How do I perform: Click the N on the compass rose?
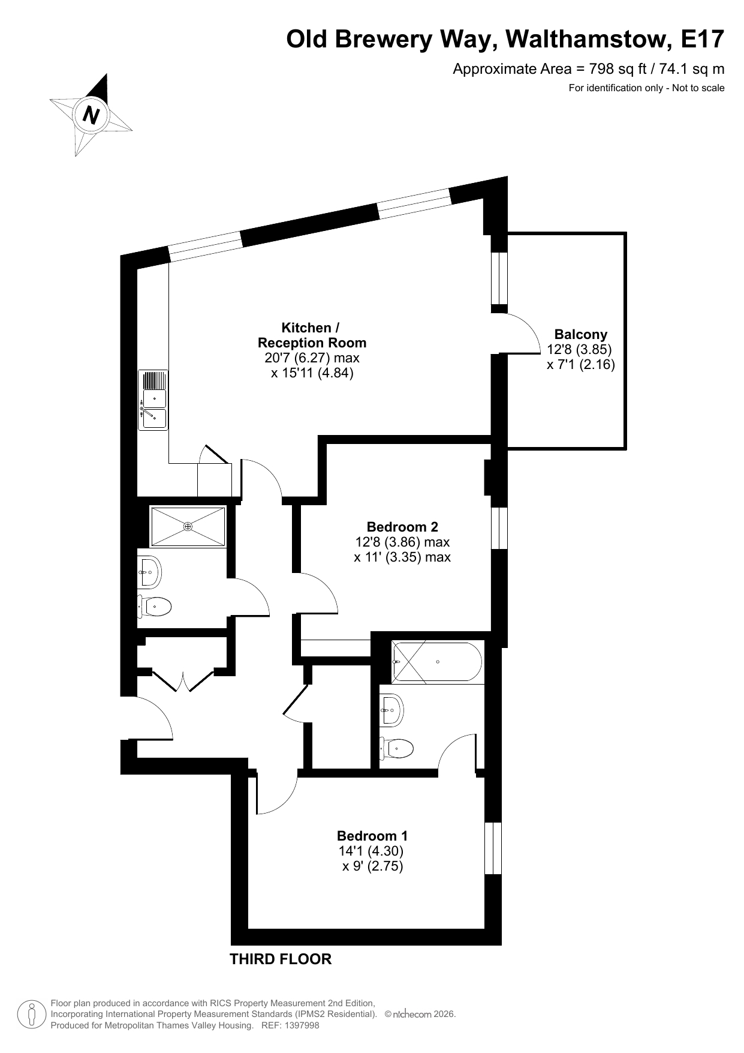(91, 114)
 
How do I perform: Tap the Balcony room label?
(580, 334)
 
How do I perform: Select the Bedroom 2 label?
(402, 527)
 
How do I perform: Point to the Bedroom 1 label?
(372, 836)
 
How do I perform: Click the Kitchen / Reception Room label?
(312, 335)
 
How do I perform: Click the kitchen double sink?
(153, 400)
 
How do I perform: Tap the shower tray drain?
(188, 527)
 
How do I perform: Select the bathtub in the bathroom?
(437, 662)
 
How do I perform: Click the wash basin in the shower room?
(149, 572)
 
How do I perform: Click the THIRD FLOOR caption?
(281, 959)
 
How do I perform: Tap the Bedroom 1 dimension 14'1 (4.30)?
(371, 851)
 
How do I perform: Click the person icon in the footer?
(32, 1014)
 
